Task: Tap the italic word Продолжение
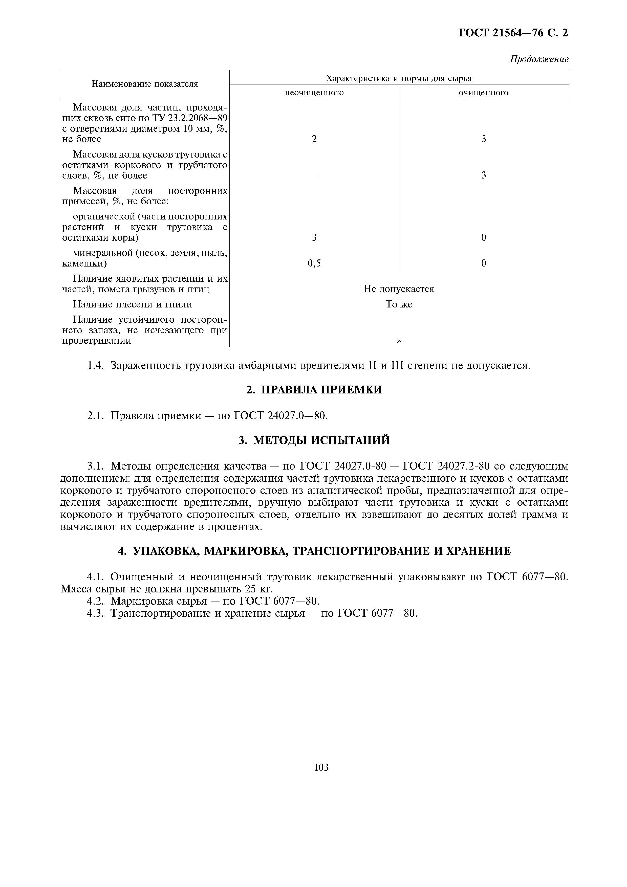(539, 59)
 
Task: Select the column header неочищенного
(314, 93)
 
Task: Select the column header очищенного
(483, 93)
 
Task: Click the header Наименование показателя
(145, 84)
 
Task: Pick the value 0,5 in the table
(314, 263)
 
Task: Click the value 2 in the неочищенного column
(314, 139)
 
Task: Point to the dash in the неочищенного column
(314, 176)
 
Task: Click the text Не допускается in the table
(399, 289)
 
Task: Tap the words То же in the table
(399, 304)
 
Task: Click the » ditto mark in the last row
(399, 341)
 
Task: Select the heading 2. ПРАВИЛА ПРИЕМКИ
(314, 390)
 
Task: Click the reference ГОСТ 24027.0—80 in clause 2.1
(280, 416)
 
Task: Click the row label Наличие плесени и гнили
(133, 304)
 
